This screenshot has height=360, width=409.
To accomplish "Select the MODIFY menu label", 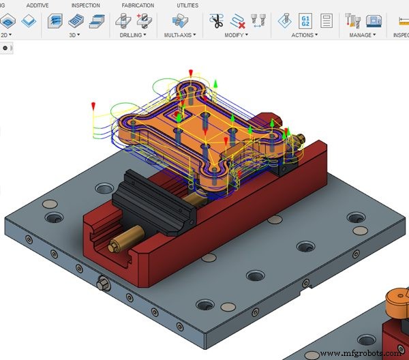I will [236, 34].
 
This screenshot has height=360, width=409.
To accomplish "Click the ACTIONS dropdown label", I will [305, 34].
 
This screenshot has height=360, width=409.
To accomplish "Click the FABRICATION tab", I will [138, 5].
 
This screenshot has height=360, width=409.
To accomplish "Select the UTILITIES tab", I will [187, 5].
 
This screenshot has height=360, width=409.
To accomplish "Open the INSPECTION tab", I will [85, 5].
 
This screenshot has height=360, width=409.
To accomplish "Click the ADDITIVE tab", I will [37, 5].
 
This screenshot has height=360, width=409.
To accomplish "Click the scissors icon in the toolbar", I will [217, 20].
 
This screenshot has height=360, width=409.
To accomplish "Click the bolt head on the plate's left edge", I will [104, 282].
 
